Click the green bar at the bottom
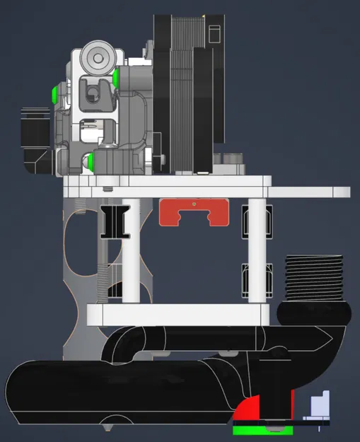tap(262, 430)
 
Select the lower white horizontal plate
tap(177, 313)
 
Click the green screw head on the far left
tap(54, 93)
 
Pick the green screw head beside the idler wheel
tap(115, 76)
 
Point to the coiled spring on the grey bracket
tap(105, 287)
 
